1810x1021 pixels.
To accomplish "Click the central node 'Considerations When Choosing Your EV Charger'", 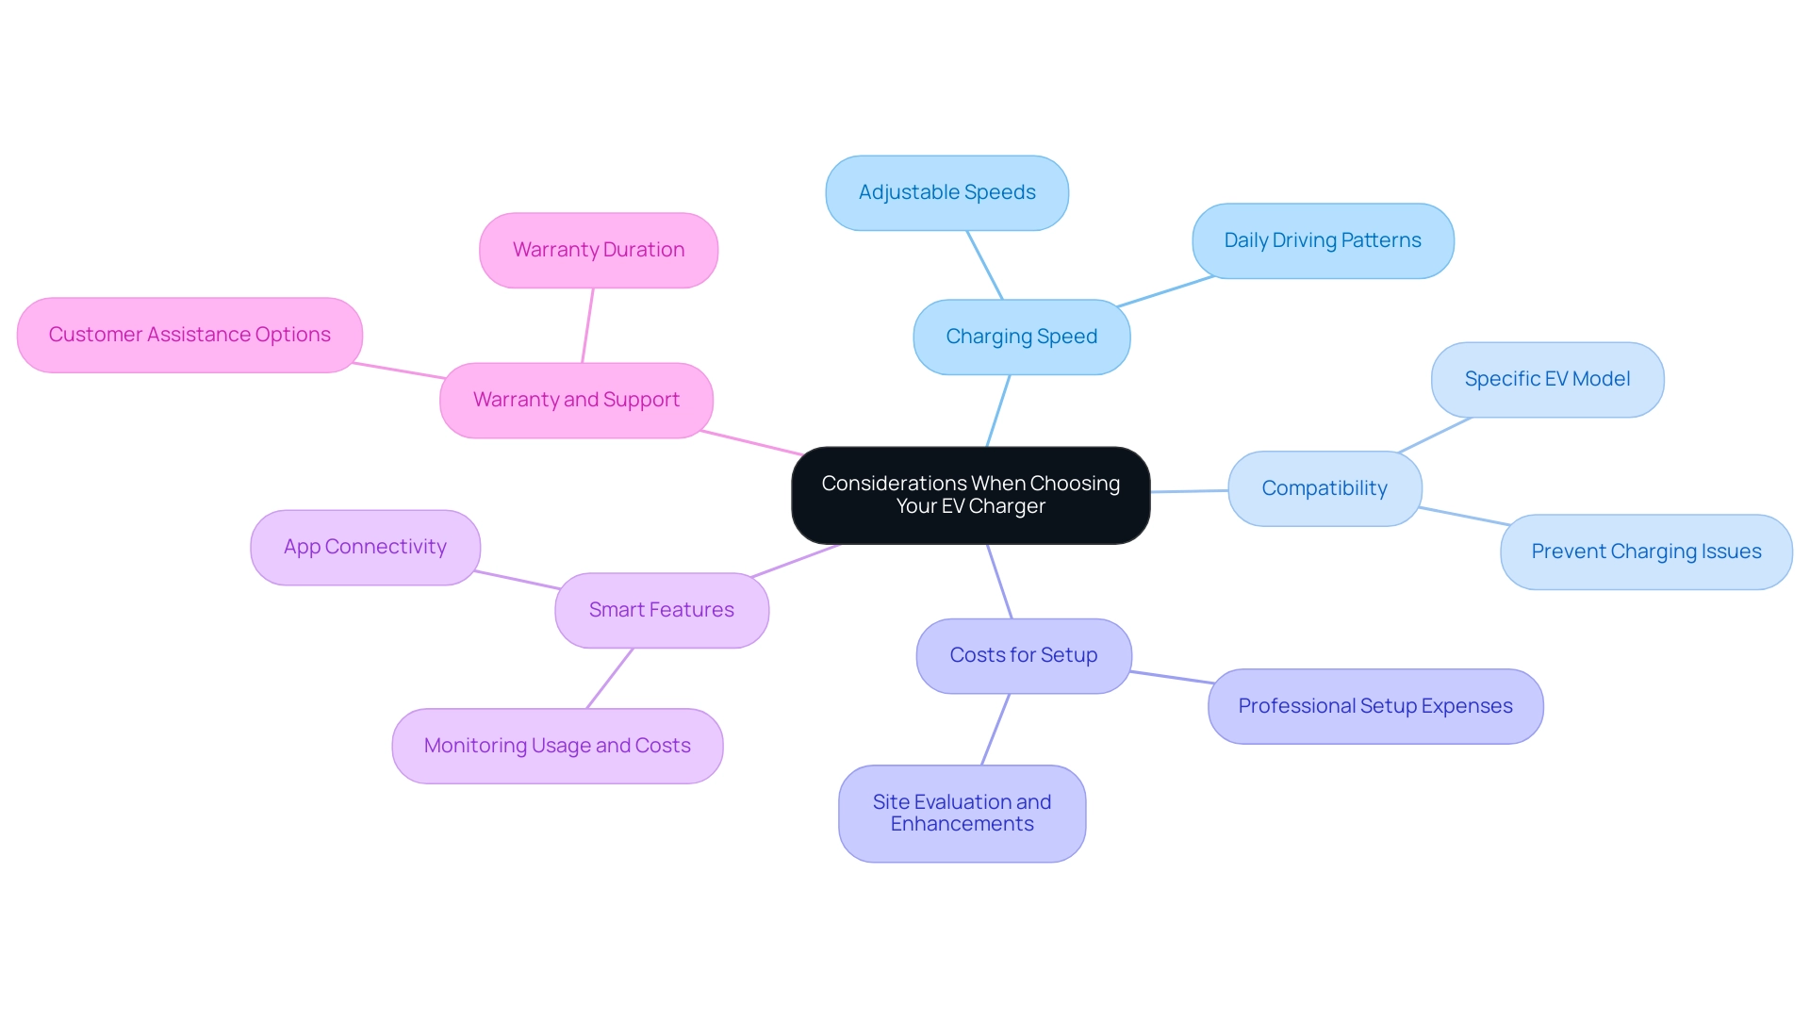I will [970, 495].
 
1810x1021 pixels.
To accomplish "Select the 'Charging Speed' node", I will [1021, 337].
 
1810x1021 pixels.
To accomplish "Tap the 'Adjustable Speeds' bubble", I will [946, 192].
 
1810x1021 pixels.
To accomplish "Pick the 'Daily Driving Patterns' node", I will [1322, 240].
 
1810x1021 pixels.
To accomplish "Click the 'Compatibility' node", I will [1324, 488].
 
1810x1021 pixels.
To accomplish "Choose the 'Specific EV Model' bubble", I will [1546, 379].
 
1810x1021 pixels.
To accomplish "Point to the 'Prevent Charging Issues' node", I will [1645, 552].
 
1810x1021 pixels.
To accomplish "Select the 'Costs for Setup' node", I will [1023, 655].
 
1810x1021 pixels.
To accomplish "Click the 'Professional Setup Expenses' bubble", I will [1374, 706].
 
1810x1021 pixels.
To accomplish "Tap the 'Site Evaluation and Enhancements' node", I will [962, 813].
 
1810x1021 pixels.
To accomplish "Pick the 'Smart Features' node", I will [661, 610].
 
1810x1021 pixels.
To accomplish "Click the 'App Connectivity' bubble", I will [365, 547].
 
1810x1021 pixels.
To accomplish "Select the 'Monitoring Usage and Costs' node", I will [557, 746].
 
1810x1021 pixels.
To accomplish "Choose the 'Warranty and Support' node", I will [576, 400].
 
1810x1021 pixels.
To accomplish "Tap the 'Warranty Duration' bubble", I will [598, 250].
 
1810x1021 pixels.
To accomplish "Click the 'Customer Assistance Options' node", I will [189, 335].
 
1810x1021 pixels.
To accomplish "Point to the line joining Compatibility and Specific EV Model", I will [1435, 435].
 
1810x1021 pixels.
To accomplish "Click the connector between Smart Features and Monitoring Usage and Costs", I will [610, 678].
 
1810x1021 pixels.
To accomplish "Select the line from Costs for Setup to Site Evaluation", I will [995, 729].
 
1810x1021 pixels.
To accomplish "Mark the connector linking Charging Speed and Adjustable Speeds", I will [984, 265].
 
